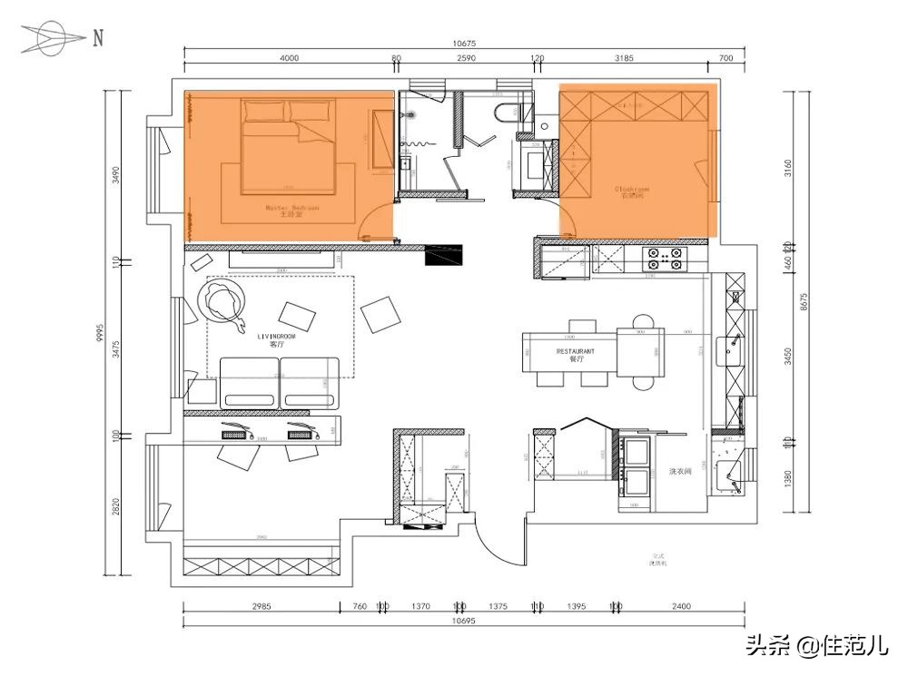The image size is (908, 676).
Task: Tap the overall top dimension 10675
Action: pos(465,43)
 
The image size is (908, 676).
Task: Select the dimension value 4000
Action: pos(289,58)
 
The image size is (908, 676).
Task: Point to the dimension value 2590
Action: pos(465,58)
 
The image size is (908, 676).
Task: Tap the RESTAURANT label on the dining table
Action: pos(576,350)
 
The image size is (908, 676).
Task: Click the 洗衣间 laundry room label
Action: pos(681,472)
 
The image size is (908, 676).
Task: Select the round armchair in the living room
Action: pos(222,301)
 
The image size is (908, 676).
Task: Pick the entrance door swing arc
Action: pos(498,549)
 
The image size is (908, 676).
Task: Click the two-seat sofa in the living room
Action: pos(280,382)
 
